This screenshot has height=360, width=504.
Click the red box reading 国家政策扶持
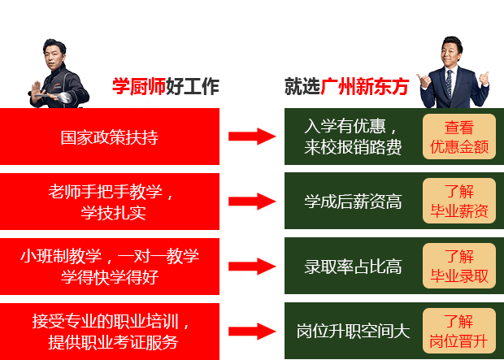click(110, 137)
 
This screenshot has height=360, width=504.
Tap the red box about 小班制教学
click(110, 267)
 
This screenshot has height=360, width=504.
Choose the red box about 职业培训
click(110, 332)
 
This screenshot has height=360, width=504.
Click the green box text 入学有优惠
click(352, 137)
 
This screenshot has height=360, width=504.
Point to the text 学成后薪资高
click(353, 202)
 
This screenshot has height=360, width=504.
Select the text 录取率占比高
click(353, 267)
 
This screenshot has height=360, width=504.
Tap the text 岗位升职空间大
click(353, 332)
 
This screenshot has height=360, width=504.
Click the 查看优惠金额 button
click(458, 137)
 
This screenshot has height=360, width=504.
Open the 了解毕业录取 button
click(458, 267)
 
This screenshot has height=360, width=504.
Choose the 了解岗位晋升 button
click(458, 332)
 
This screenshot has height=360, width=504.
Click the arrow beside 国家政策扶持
click(252, 137)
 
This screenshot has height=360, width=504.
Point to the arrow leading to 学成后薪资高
click(252, 202)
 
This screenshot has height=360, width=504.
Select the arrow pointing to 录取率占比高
click(252, 267)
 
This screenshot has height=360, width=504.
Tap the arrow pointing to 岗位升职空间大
click(252, 332)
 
